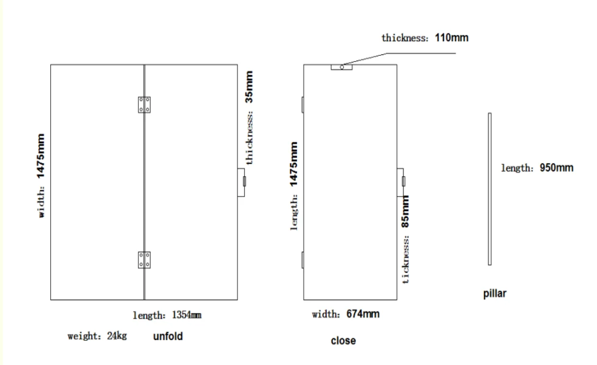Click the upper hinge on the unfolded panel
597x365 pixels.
(145, 105)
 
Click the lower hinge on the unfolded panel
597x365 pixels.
(145, 260)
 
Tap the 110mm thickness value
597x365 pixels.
(452, 38)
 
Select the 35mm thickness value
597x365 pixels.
(249, 87)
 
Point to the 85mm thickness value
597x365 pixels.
(406, 212)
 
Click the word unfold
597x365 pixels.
(168, 337)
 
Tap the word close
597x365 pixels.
(343, 341)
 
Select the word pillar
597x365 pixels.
(495, 294)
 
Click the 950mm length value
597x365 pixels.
(556, 168)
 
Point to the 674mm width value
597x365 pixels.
(363, 314)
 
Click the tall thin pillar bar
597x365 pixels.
(490, 189)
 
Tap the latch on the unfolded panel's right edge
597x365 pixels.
(242, 182)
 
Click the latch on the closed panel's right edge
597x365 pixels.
(401, 181)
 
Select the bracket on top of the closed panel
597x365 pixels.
(342, 67)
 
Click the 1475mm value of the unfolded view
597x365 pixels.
(41, 156)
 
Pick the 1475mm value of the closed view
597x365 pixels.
(294, 164)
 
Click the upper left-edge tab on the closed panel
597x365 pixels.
(303, 105)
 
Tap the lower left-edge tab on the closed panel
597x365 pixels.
(303, 260)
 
